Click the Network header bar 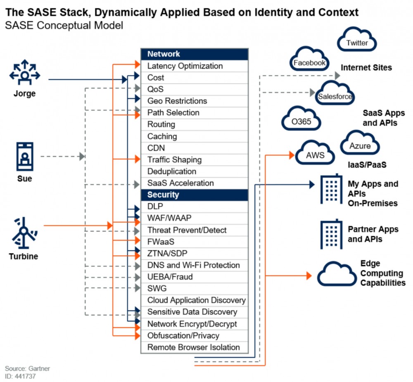coord(194,54)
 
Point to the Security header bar coord(194,195)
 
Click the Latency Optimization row coord(194,66)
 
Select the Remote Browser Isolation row coord(194,347)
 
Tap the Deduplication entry coord(194,171)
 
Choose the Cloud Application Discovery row coord(194,300)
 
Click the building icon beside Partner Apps coord(331,234)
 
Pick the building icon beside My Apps coord(331,189)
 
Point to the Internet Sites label coord(366,67)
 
